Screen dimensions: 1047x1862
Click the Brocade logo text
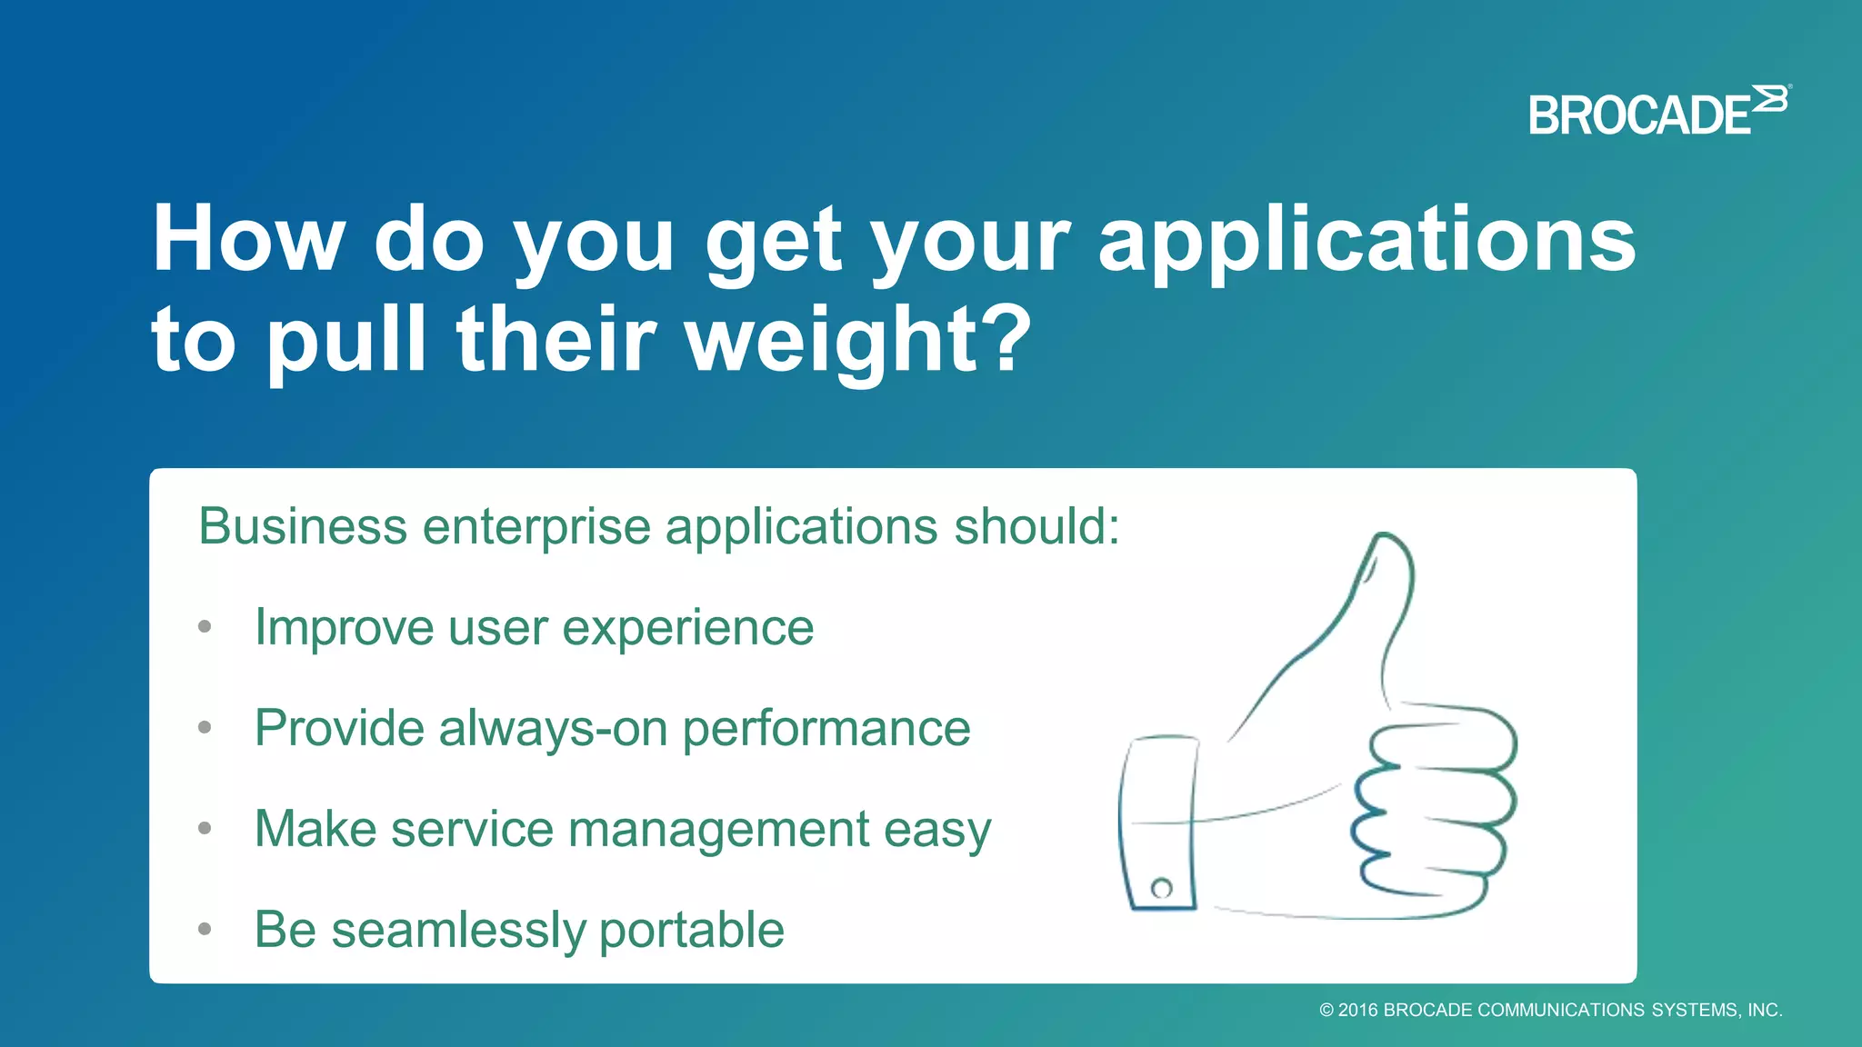click(1639, 116)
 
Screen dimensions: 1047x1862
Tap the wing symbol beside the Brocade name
click(1770, 98)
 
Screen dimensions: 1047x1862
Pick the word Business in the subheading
click(303, 526)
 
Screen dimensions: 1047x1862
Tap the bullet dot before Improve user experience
click(205, 627)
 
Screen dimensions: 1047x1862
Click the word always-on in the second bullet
click(553, 729)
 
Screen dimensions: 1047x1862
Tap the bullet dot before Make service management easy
click(205, 828)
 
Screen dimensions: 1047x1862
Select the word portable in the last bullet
click(691, 932)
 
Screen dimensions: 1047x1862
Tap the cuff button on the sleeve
click(1161, 888)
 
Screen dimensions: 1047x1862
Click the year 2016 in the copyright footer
click(1357, 1010)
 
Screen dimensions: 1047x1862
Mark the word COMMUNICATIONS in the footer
click(1561, 1010)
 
